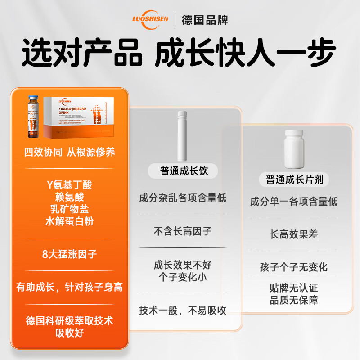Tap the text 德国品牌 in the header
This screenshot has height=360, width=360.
coord(205,20)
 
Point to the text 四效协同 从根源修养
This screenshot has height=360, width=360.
coord(70,152)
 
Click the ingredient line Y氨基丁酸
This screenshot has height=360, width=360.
coord(70,185)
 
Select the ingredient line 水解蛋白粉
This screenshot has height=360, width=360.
coord(70,221)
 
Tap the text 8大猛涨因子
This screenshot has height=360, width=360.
coord(70,254)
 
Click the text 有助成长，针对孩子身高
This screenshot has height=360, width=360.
coord(70,287)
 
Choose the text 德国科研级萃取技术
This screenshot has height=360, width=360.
coord(70,320)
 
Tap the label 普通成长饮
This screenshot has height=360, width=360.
coord(182,171)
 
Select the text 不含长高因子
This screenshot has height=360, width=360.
coord(182,231)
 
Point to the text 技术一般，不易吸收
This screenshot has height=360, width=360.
coord(182,310)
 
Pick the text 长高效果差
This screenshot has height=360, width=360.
coord(294,234)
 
